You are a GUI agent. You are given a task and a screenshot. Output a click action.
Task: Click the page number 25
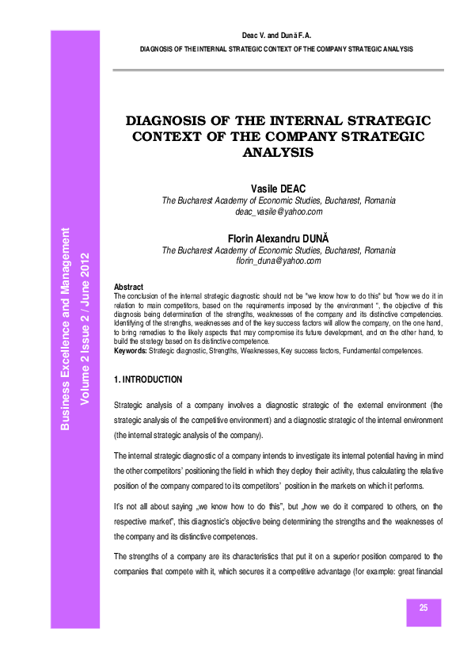click(x=424, y=608)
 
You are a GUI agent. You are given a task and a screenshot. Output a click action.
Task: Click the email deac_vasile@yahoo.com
click(x=279, y=212)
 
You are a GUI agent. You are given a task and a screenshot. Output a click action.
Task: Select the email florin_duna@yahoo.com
click(x=279, y=261)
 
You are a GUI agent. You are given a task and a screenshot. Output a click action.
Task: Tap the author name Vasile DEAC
click(x=279, y=188)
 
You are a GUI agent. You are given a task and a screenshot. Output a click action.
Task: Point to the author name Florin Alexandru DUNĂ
click(x=279, y=236)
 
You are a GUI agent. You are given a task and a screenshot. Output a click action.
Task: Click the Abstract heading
click(x=129, y=286)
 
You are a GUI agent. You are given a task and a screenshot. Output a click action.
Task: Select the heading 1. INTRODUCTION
click(x=148, y=379)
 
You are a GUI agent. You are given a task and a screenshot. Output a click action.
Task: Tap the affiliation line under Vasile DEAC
click(x=279, y=200)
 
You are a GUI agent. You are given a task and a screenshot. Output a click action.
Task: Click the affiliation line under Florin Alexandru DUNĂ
click(x=279, y=249)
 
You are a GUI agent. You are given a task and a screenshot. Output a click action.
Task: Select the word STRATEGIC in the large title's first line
click(x=386, y=121)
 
